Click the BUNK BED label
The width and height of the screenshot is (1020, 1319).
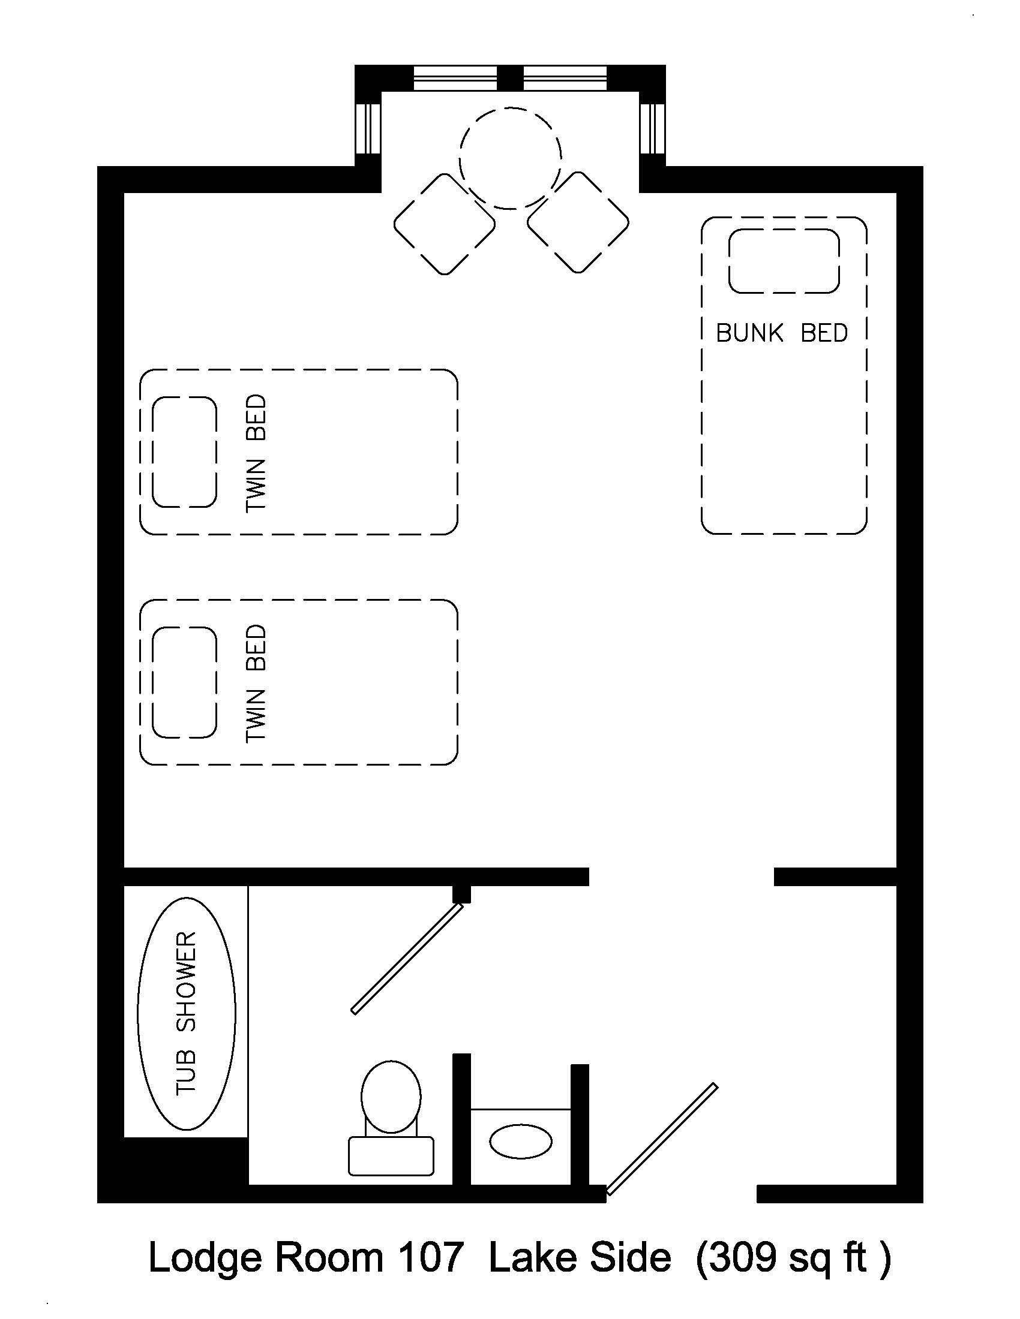[x=782, y=333]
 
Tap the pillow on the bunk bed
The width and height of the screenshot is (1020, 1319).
[x=784, y=261]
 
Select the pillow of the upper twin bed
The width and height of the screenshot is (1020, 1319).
[x=184, y=451]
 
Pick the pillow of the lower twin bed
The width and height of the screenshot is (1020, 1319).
[x=184, y=682]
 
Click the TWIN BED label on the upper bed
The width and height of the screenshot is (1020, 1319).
[x=256, y=453]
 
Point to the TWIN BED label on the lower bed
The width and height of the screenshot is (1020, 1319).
[x=256, y=683]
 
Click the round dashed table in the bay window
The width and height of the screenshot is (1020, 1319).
[x=511, y=158]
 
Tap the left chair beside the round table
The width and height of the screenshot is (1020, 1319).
[x=445, y=224]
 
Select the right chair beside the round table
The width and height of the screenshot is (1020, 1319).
[x=578, y=223]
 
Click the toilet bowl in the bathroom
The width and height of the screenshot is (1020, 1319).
[x=391, y=1096]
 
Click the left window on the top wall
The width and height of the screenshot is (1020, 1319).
[x=455, y=79]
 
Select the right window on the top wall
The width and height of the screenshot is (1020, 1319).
[x=565, y=79]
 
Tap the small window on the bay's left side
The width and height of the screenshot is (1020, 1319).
[x=368, y=129]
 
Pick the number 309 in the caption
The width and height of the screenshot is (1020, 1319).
[x=743, y=1257]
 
